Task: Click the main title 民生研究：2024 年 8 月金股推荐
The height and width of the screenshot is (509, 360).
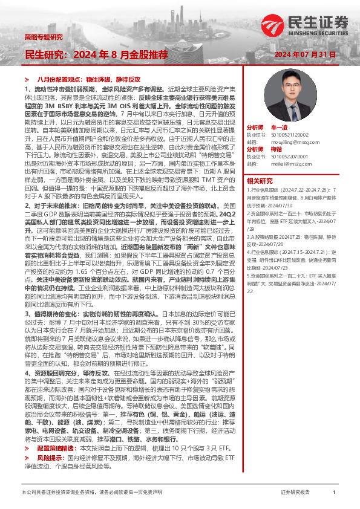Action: click(x=96, y=55)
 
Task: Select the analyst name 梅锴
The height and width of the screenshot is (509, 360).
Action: click(x=277, y=149)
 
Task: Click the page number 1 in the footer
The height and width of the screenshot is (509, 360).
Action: click(x=334, y=493)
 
